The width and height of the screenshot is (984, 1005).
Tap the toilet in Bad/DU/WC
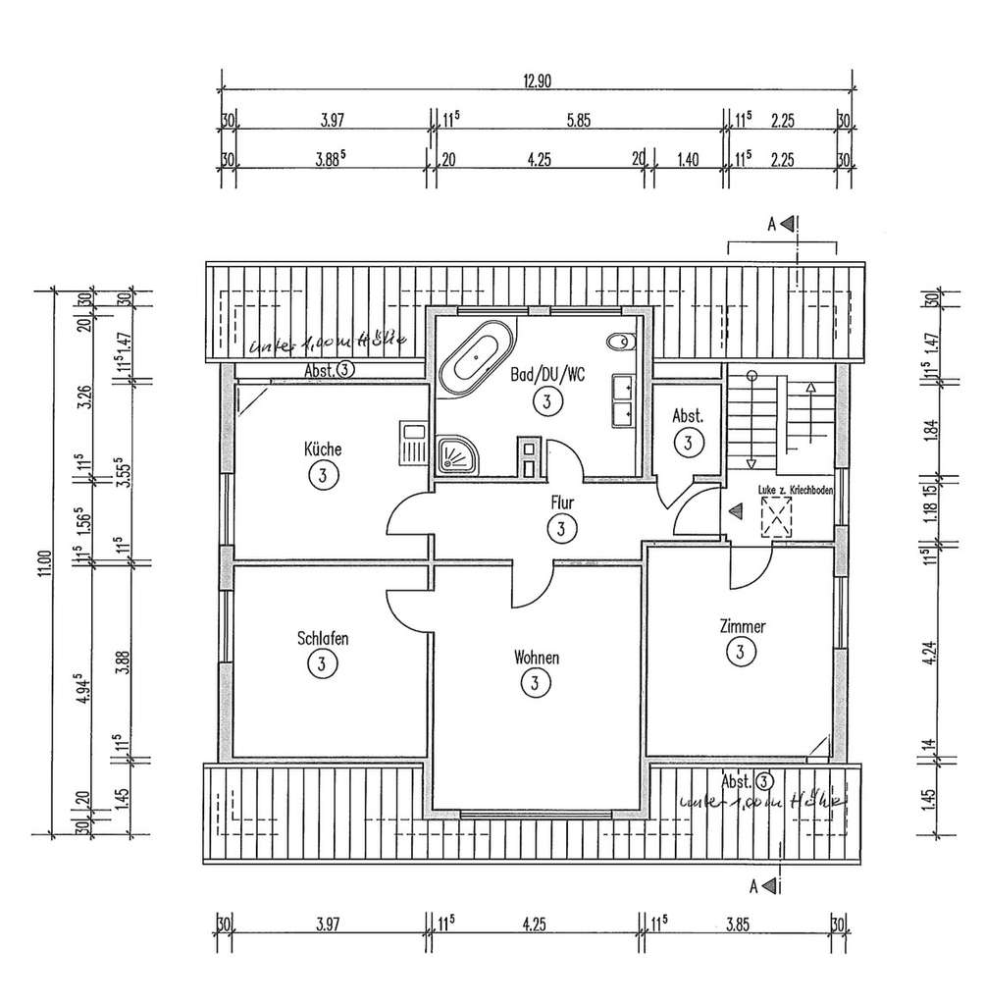click(620, 342)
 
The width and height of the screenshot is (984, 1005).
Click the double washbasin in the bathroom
click(622, 400)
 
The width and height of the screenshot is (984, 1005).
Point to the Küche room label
click(323, 450)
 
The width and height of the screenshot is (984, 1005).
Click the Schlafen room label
click(322, 639)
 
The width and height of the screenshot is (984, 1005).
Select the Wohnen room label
click(536, 658)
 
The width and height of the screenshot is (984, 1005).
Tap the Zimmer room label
click(742, 625)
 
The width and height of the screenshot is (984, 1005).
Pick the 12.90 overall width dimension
click(537, 83)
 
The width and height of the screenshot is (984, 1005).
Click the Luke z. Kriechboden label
click(795, 490)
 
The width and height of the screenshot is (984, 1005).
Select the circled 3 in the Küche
click(323, 476)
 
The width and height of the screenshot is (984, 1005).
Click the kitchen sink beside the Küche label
click(412, 442)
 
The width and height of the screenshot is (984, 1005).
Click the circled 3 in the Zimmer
click(742, 650)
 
